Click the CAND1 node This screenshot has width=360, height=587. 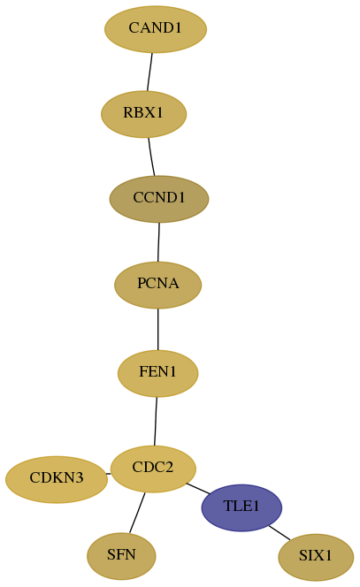point(156,29)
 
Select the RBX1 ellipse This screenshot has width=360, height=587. point(143,114)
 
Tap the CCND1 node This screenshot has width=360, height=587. point(159,199)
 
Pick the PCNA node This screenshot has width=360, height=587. point(157,285)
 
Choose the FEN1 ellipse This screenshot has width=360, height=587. point(157,373)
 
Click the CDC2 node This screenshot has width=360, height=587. point(153,469)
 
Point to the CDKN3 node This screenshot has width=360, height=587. point(57,479)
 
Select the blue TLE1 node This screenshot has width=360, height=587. point(241,507)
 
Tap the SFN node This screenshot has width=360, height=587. point(121,556)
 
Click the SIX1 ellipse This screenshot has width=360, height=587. point(316,557)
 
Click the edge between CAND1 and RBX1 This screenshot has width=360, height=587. point(149,72)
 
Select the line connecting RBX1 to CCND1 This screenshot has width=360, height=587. point(151,156)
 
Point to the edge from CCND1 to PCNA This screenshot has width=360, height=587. point(158,242)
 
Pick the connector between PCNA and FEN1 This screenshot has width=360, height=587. point(157,330)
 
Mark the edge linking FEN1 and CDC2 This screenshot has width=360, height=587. point(156,421)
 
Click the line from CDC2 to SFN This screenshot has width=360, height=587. point(137,513)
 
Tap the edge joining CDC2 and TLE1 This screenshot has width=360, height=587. point(198,489)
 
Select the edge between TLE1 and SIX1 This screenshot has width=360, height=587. point(280,533)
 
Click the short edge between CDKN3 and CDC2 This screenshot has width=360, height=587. point(109,474)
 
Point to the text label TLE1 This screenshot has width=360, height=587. point(241,507)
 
